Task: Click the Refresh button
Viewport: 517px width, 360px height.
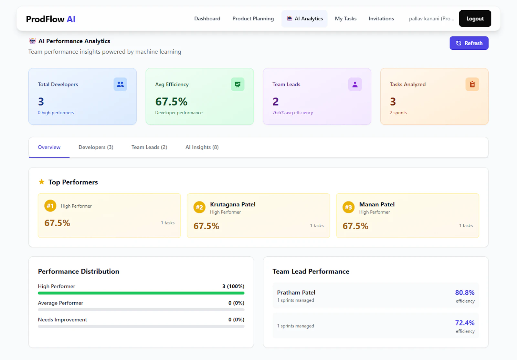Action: click(469, 43)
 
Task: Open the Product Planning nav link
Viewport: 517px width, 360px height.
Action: click(253, 19)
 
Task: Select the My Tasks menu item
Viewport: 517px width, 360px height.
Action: click(345, 19)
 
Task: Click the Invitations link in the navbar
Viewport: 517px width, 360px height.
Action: click(381, 19)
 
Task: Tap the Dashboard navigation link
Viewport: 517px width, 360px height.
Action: click(207, 19)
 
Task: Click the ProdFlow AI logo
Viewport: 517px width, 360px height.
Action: click(50, 19)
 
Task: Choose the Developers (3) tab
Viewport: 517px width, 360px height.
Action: click(96, 147)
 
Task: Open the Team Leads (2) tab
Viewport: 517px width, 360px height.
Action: click(149, 147)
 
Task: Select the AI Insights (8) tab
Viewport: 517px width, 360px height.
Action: click(202, 147)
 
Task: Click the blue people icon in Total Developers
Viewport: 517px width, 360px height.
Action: click(120, 84)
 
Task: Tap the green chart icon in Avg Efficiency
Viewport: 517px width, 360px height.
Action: click(237, 84)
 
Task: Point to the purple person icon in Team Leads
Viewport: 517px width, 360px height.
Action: click(355, 84)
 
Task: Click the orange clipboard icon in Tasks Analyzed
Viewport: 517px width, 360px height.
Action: click(472, 84)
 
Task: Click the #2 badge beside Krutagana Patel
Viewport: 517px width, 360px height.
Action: click(199, 207)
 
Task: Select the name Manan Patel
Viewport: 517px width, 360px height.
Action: click(377, 204)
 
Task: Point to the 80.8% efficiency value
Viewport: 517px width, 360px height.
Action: click(465, 293)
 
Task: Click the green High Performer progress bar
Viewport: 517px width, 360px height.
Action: click(141, 293)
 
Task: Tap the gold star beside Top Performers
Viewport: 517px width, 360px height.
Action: click(42, 182)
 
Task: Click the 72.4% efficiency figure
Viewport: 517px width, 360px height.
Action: click(465, 323)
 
